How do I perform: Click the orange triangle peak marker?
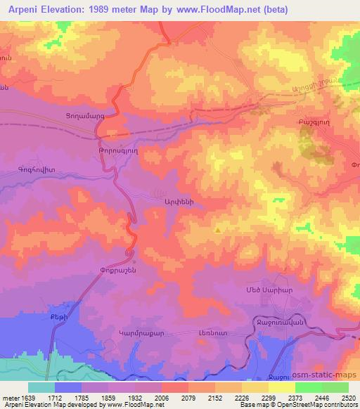tap(219, 230)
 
